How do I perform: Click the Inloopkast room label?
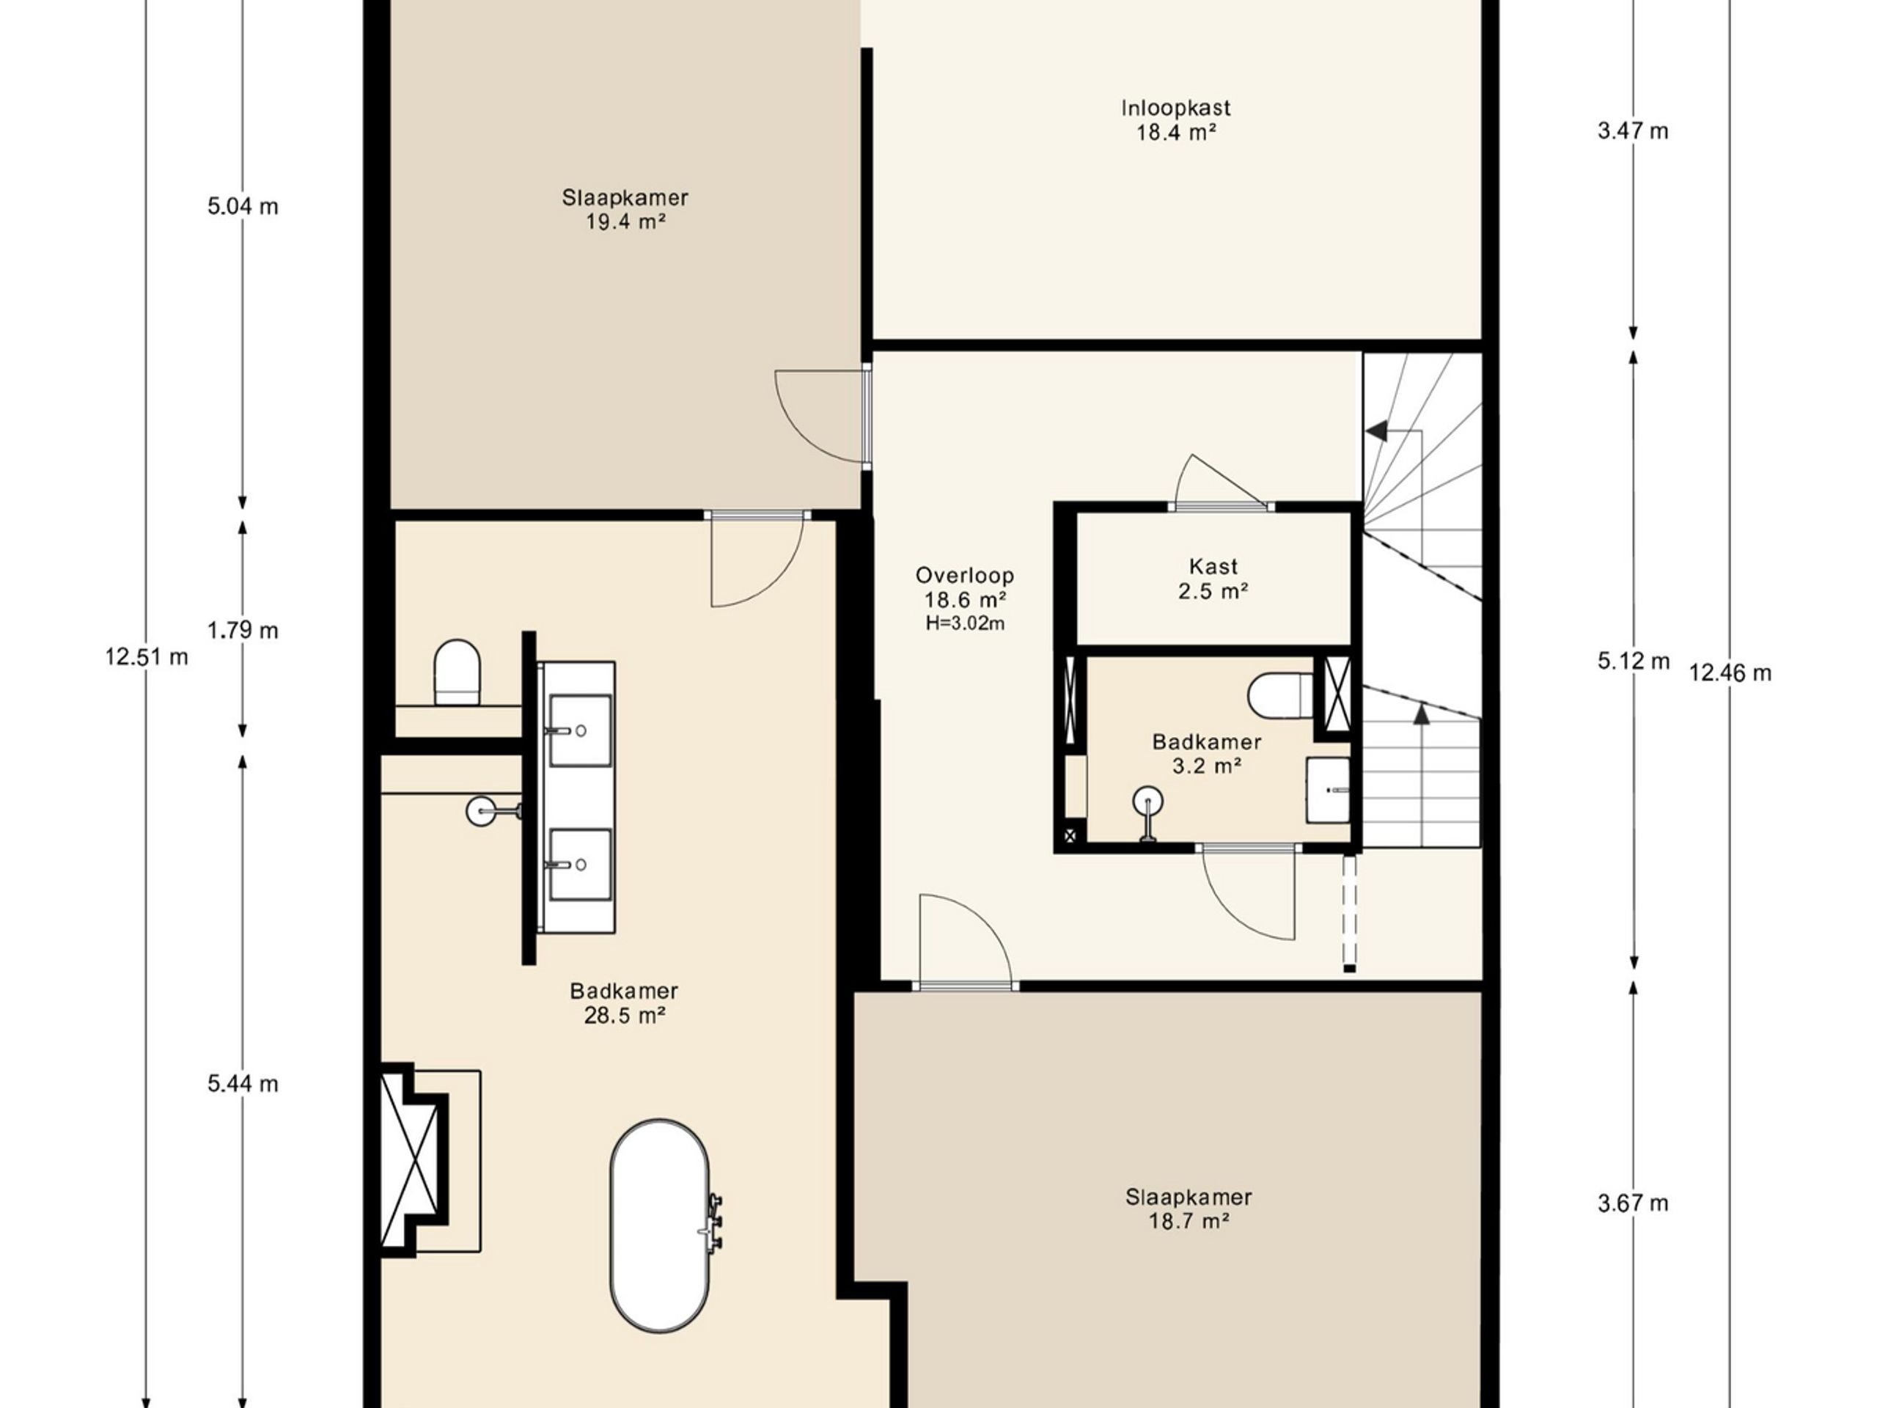point(1175,108)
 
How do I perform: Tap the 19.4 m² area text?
point(625,222)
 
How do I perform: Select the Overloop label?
point(965,576)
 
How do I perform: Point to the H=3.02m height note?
point(965,624)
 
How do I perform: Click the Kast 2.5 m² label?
point(1213,579)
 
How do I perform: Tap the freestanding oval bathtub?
point(659,1226)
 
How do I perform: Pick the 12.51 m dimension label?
point(147,657)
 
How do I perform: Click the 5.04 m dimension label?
point(243,206)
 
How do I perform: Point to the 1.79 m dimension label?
point(243,630)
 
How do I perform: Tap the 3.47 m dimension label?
point(1633,131)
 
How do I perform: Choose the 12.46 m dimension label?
point(1730,673)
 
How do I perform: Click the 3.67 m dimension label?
point(1633,1203)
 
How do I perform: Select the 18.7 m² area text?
point(1189,1221)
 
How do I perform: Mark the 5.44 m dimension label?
point(243,1084)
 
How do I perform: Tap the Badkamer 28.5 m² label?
point(624,1003)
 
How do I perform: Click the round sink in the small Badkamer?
point(1148,802)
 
